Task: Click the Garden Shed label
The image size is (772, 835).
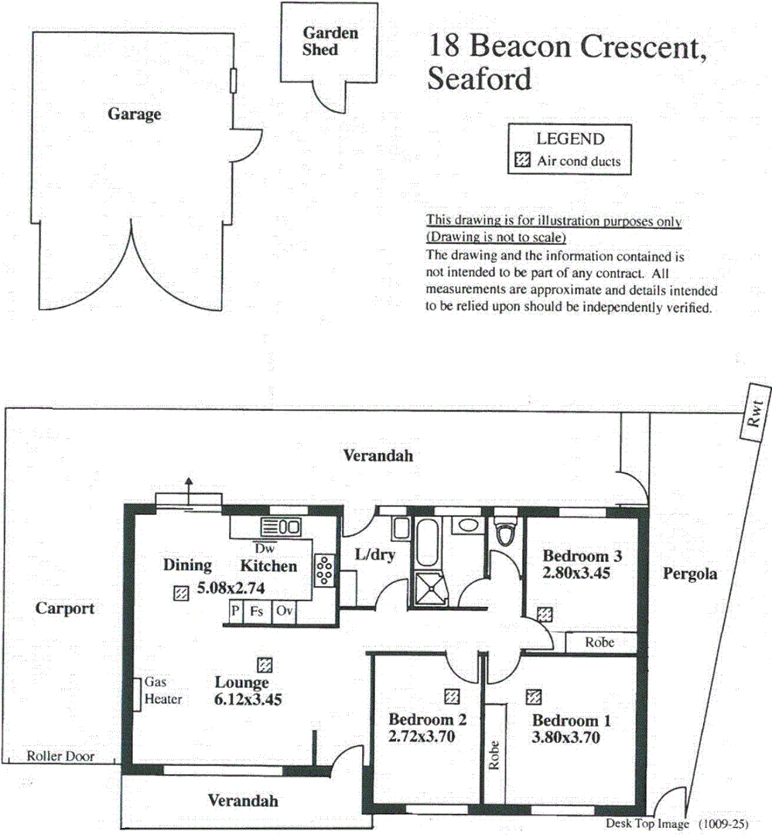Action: [x=330, y=42]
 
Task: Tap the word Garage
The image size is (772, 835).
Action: [x=135, y=114]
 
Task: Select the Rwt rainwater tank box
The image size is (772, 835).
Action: [x=755, y=413]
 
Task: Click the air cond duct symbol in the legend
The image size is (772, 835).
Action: [x=523, y=160]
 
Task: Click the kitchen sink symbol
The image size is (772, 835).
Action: [x=281, y=527]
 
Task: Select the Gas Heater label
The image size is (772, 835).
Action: [x=163, y=690]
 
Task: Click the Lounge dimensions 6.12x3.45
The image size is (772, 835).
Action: [x=248, y=700]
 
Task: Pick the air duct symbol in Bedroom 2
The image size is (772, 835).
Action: [x=452, y=697]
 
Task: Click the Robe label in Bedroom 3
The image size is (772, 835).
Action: [x=599, y=642]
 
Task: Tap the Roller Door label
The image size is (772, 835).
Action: [x=60, y=756]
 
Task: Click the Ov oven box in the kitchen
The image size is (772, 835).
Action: [x=284, y=610]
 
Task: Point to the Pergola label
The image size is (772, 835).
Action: [x=689, y=574]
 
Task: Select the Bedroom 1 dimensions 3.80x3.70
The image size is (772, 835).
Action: [x=565, y=738]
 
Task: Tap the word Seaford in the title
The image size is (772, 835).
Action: [x=480, y=79]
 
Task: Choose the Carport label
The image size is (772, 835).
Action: [x=65, y=608]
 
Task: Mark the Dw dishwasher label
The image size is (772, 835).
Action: [x=265, y=548]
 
